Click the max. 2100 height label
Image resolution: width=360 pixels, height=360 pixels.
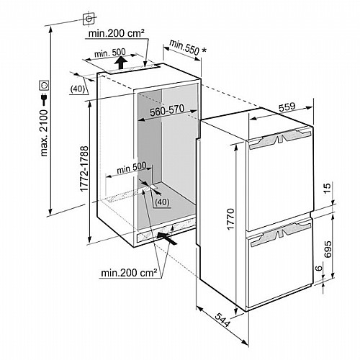(x=45, y=133)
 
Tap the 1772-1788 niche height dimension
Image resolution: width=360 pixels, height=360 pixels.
(x=85, y=168)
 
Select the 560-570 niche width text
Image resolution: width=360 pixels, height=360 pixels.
(x=167, y=110)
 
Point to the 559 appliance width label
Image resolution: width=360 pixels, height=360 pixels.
(x=287, y=107)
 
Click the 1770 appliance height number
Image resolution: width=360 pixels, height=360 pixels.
(x=230, y=220)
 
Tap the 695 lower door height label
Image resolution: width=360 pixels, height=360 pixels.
(x=328, y=249)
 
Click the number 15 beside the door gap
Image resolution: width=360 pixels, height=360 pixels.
(x=327, y=188)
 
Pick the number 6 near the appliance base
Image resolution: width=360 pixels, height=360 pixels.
(x=318, y=269)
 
